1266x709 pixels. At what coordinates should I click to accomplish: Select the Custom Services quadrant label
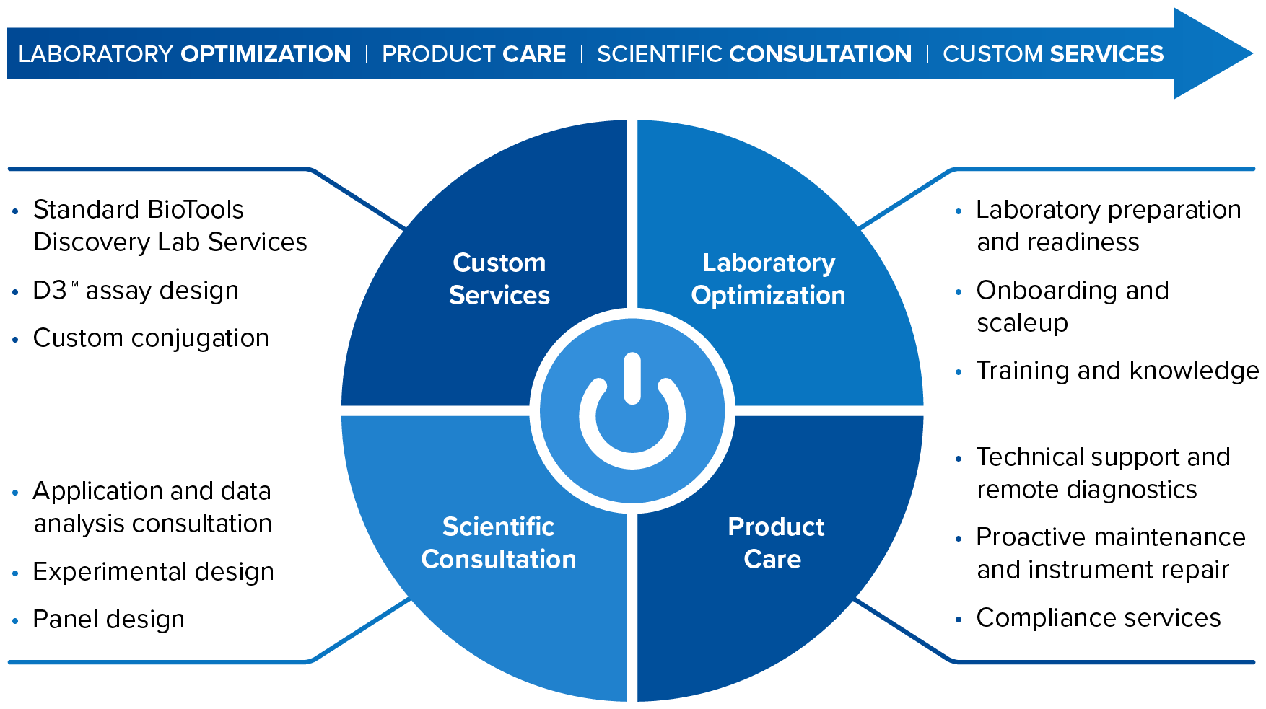(499, 278)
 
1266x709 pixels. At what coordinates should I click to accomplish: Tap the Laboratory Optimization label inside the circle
(768, 278)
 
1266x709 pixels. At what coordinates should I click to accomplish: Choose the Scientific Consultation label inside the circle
(499, 542)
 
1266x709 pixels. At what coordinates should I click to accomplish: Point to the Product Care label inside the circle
(774, 542)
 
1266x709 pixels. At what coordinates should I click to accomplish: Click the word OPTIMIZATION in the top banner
(266, 54)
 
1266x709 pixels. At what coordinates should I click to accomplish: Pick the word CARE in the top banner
(534, 54)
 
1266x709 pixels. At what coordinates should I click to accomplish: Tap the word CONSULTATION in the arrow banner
(821, 54)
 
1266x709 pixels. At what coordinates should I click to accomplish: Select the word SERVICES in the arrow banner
(1107, 54)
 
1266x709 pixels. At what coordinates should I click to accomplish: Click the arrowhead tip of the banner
(1253, 53)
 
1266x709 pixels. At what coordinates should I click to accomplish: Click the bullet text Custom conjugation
(151, 338)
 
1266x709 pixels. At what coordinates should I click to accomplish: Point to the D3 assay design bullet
(136, 290)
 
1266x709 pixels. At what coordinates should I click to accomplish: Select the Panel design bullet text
(109, 620)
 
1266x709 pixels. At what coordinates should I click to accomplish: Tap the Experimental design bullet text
(154, 572)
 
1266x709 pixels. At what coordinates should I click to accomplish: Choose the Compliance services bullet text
(1099, 618)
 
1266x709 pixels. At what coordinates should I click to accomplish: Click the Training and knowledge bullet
(1117, 371)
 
